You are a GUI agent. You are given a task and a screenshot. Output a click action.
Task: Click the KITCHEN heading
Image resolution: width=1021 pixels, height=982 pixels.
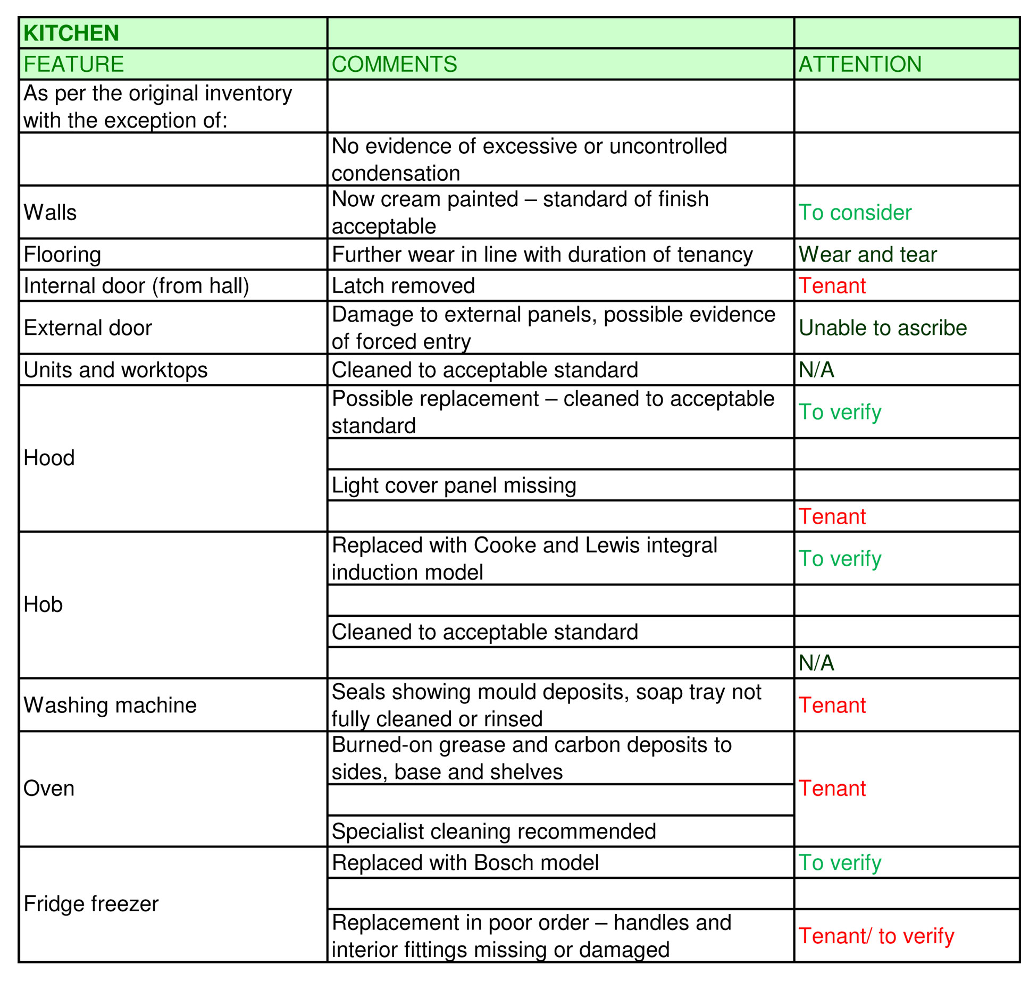pos(71,33)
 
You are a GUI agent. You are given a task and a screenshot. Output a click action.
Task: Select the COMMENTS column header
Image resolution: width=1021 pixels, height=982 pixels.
pos(394,64)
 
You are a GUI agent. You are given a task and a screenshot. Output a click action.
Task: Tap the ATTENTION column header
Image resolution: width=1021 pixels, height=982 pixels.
pos(860,64)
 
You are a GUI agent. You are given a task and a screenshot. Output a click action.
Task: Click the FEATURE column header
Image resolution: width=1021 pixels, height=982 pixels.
pos(73,64)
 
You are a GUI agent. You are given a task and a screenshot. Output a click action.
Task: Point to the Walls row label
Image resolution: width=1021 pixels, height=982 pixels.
pos(50,213)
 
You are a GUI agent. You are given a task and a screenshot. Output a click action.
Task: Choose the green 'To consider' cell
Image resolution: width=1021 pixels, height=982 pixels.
pos(855,213)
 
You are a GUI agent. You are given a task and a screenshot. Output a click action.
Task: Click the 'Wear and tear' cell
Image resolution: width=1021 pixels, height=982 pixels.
pos(867,255)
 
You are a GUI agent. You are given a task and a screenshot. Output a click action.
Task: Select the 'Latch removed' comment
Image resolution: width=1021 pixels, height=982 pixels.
pos(403,286)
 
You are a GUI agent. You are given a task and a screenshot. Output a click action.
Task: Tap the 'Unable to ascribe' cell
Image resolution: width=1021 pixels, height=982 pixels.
pos(883,328)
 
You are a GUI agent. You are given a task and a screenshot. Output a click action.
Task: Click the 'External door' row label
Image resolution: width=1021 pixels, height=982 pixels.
pos(88,328)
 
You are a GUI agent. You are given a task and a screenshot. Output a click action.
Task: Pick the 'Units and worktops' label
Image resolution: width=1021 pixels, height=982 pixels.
pos(115,370)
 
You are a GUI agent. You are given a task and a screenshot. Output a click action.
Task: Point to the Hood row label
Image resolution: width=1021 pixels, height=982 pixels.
pos(49,458)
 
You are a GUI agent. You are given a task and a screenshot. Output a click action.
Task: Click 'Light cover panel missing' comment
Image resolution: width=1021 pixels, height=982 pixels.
pos(454,485)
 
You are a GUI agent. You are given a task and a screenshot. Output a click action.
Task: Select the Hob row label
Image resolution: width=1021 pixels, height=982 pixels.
pos(43,605)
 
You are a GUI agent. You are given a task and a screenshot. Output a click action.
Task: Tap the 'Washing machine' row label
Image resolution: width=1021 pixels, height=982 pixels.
pos(110,706)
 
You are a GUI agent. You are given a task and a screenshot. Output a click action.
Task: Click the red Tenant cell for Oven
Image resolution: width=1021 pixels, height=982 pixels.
pos(832,788)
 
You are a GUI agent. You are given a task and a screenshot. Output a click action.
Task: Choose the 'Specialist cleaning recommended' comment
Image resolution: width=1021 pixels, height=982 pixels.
pos(493,832)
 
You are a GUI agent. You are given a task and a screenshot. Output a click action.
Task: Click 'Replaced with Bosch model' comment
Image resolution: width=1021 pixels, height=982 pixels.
pos(465,863)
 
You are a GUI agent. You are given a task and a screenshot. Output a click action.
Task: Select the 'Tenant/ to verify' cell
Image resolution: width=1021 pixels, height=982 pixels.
pos(876,936)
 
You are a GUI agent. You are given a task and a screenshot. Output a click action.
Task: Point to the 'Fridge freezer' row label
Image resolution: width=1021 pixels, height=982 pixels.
pos(91,904)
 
